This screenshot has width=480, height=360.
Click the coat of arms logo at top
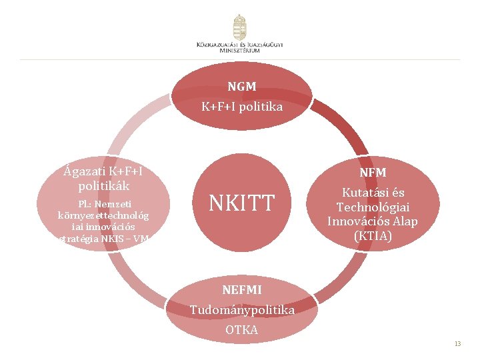(x=239, y=27)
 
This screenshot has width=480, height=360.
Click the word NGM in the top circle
(x=241, y=87)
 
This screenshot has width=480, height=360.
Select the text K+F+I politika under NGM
(x=242, y=107)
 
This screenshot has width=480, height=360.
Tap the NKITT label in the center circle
(x=242, y=203)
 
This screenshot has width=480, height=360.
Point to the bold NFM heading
(x=373, y=173)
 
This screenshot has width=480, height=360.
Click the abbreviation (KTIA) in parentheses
(x=373, y=235)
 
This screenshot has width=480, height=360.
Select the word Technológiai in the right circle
(x=373, y=207)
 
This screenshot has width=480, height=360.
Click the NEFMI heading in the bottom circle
(x=242, y=290)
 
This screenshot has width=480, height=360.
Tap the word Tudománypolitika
(x=242, y=310)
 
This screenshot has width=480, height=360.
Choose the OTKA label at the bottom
(x=242, y=330)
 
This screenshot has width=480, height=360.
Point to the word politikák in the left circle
(x=103, y=185)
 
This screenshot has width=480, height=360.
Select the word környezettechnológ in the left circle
(x=103, y=215)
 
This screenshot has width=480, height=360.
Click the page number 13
(x=457, y=344)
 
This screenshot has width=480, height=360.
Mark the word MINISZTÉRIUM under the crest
(x=240, y=51)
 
